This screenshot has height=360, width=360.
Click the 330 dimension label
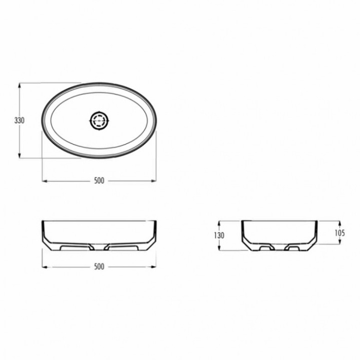[x=20, y=120]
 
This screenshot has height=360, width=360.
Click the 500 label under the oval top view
[x=99, y=181]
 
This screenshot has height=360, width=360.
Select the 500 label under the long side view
[x=99, y=266]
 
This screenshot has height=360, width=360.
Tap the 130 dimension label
[x=219, y=236]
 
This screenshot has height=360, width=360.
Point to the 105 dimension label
[x=340, y=233]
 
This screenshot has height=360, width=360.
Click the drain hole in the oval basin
[x=99, y=120]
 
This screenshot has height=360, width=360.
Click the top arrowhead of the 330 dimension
[x=20, y=85]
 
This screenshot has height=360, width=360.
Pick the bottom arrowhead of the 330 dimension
[x=20, y=155]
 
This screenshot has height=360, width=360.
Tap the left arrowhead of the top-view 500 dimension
[x=45, y=181]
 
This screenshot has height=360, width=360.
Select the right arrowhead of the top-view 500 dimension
[x=153, y=181]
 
